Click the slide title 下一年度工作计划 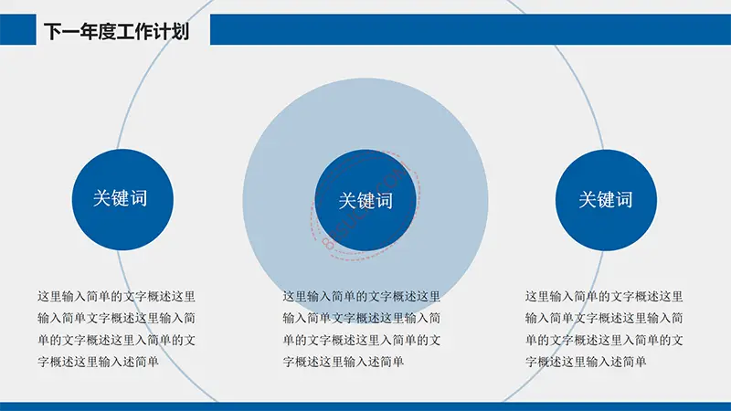(x=117, y=31)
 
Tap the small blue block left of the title (x=17, y=29)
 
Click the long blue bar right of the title (x=471, y=29)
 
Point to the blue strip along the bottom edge (x=365, y=406)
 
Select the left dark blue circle (x=122, y=199)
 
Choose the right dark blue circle (x=606, y=200)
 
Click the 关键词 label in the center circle (x=365, y=201)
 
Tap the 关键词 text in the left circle (x=121, y=198)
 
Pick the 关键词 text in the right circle (x=606, y=200)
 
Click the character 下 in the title (x=53, y=31)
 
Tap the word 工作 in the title (x=134, y=31)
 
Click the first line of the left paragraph (x=117, y=296)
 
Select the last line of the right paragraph (x=586, y=362)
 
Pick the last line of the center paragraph (x=344, y=362)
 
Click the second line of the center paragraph (x=361, y=318)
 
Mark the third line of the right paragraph (x=604, y=340)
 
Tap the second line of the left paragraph (x=117, y=318)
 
